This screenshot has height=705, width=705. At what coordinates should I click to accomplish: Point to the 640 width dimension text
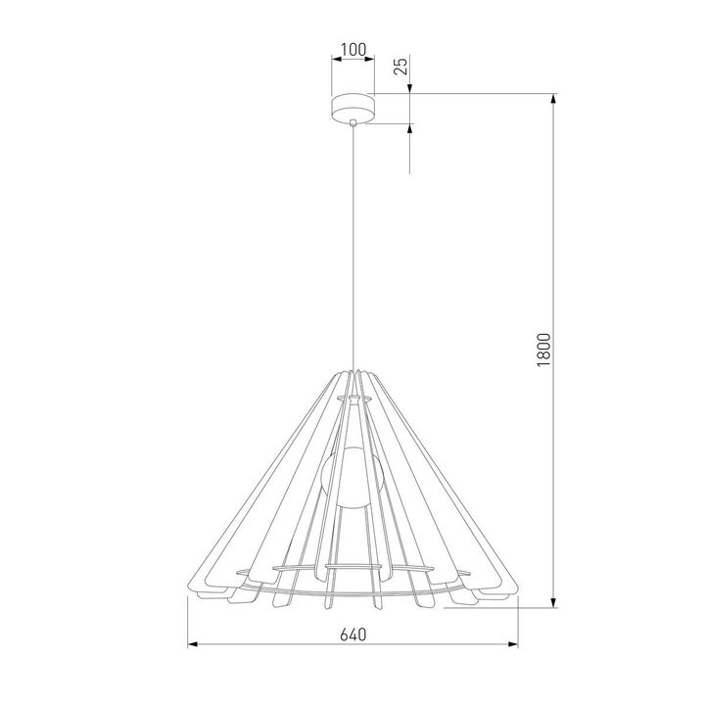coord(352,634)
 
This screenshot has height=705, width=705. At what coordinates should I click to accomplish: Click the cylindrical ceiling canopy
coord(352,106)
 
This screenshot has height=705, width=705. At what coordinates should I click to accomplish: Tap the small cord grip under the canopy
coord(352,122)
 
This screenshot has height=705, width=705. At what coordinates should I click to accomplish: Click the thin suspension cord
coord(352,245)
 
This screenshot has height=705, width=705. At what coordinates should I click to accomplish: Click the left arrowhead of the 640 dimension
coord(193,645)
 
